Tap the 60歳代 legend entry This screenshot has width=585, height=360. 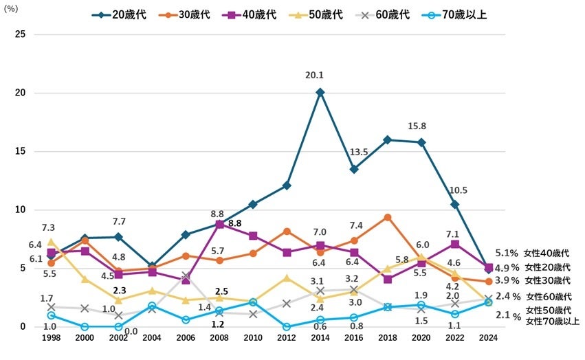[x=393, y=14]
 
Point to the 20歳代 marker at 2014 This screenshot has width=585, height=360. [x=320, y=92]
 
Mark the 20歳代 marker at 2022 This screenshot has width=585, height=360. [x=454, y=204]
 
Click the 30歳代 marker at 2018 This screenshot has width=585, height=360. [x=388, y=217]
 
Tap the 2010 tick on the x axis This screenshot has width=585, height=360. [x=253, y=339]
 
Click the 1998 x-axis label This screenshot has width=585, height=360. [x=51, y=339]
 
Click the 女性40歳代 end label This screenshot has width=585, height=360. [x=547, y=254]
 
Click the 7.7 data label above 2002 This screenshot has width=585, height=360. [x=118, y=221]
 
